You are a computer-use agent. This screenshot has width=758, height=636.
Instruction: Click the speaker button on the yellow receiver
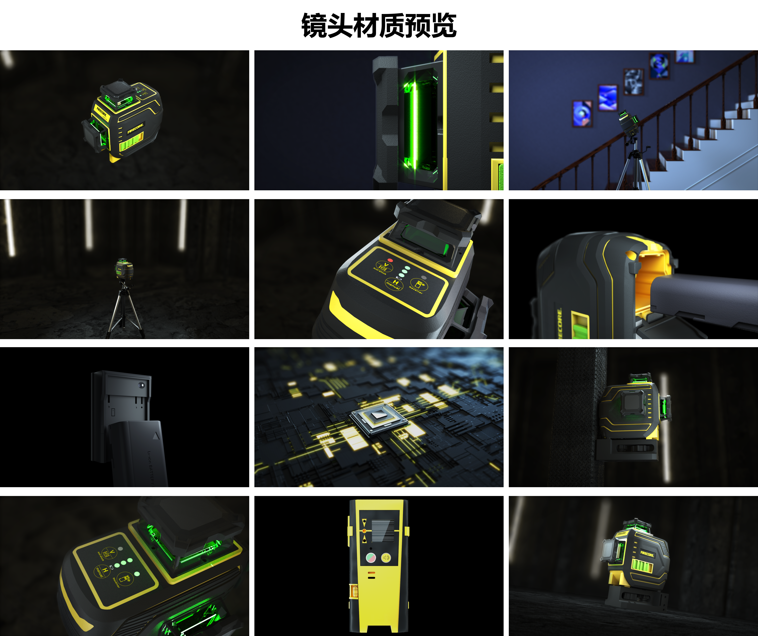pyautogui.click(x=386, y=558)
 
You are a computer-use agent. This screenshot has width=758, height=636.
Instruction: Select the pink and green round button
pyautogui.click(x=371, y=558)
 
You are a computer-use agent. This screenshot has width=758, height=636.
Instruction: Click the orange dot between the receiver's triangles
pyautogui.click(x=364, y=531)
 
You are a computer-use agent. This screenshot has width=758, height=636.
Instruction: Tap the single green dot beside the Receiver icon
pyautogui.click(x=137, y=574)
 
